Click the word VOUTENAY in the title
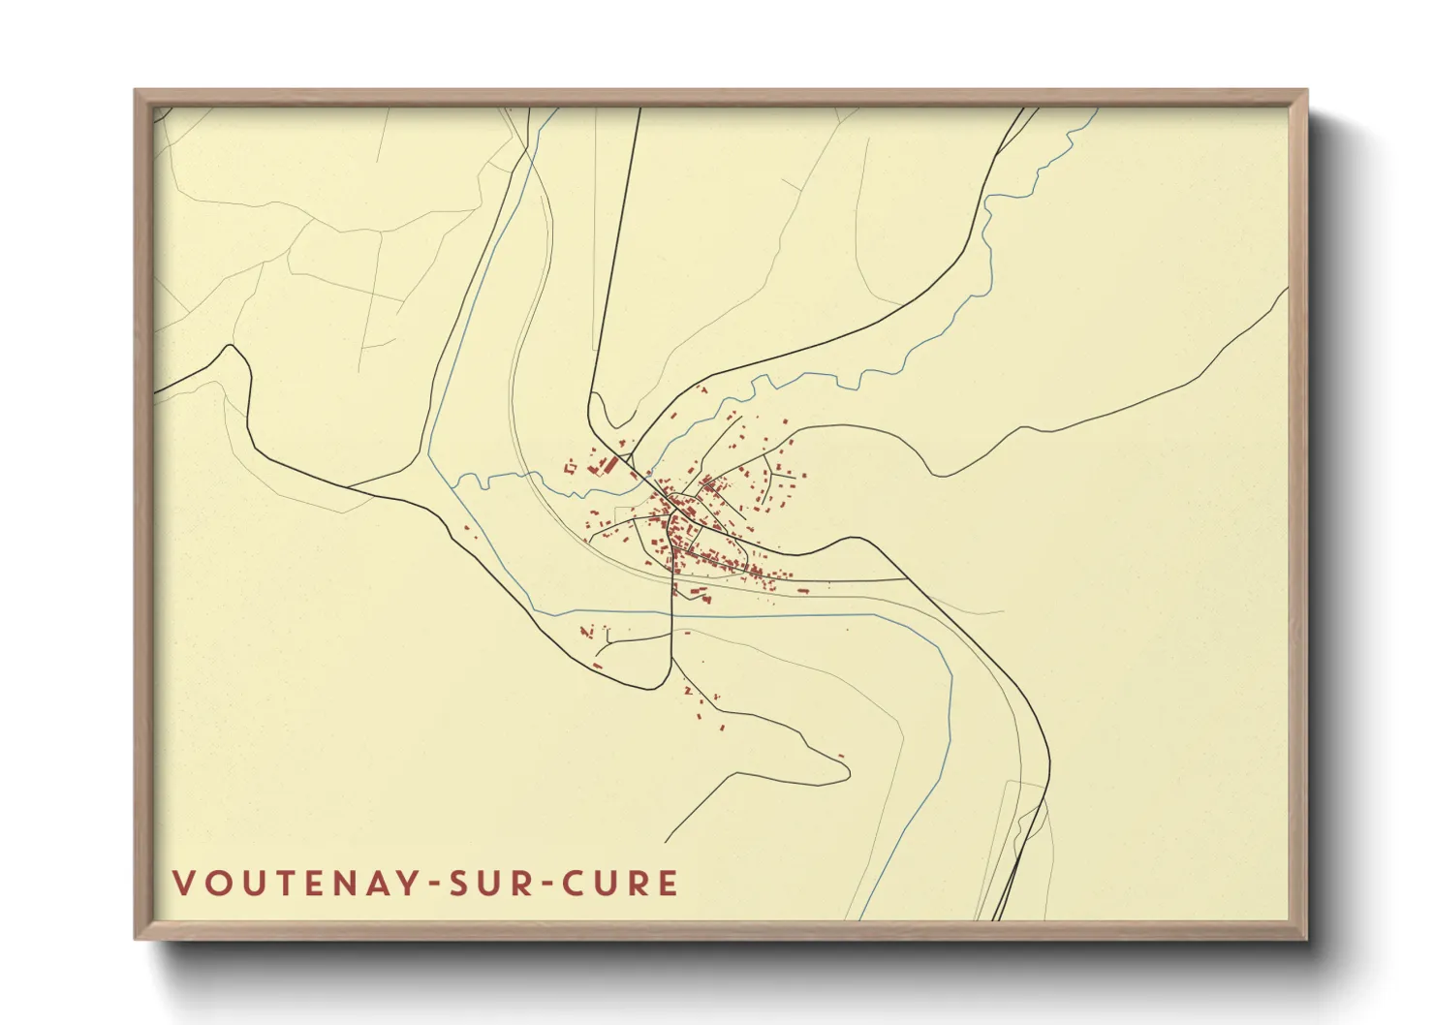295,884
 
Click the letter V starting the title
183,884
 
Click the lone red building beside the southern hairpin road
840,756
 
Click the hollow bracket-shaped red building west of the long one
570,468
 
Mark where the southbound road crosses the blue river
672,614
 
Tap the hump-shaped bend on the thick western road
233,351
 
